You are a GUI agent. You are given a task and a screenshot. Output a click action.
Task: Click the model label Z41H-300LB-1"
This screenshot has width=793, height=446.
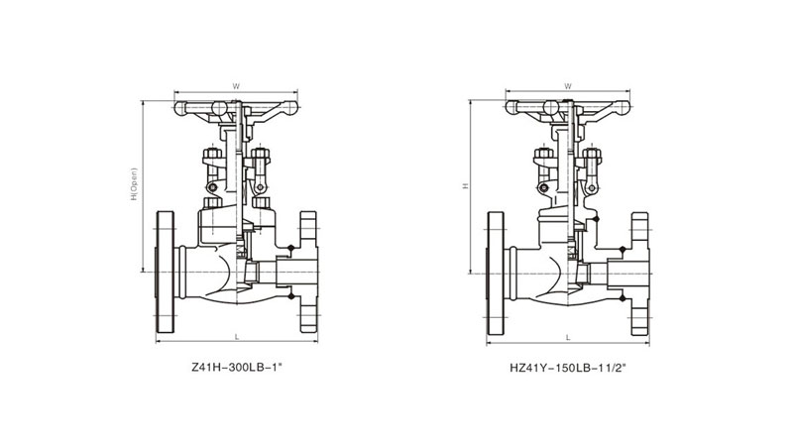[x=236, y=368]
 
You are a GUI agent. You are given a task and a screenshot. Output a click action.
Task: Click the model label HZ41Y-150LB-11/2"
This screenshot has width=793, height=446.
[x=568, y=368]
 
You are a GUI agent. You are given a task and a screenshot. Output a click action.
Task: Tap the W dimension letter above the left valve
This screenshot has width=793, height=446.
[x=236, y=86]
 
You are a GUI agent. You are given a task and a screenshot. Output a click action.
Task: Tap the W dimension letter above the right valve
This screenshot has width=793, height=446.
[x=567, y=86]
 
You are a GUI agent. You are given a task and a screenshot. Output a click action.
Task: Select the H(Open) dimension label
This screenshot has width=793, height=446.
[x=134, y=183]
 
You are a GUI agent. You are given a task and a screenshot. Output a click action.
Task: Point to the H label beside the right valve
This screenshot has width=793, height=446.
[x=466, y=186]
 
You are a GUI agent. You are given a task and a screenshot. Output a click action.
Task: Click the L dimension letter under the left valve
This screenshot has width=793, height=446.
[x=236, y=336]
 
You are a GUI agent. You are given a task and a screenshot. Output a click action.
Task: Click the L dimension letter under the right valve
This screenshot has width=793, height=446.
[x=568, y=337]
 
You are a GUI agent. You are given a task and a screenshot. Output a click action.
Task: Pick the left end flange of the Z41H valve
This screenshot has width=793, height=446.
[x=165, y=272]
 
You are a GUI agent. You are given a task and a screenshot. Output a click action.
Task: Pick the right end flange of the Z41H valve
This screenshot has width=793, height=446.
[x=309, y=272]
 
